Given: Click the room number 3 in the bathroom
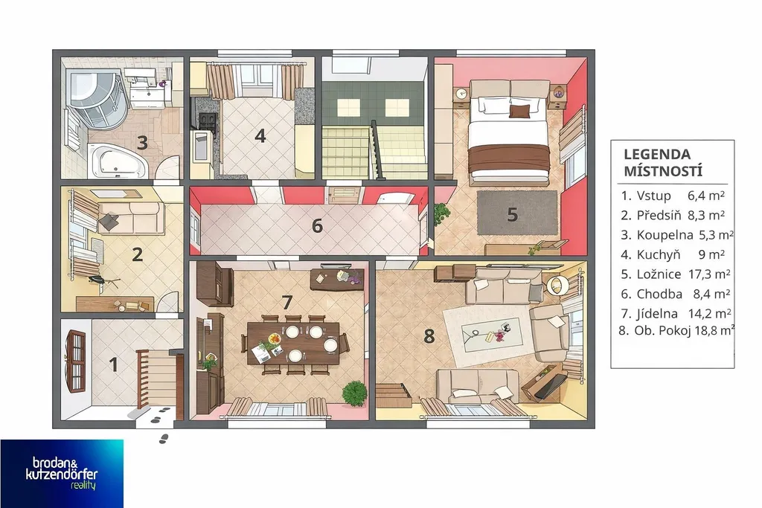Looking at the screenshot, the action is (142, 143).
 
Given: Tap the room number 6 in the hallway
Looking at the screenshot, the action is (317, 226).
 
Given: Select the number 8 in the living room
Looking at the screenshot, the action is (429, 335).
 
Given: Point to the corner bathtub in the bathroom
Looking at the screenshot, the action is (118, 160).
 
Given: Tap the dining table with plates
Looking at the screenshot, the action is (293, 343).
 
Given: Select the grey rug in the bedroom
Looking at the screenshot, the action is (517, 212).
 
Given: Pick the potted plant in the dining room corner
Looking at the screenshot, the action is (354, 392).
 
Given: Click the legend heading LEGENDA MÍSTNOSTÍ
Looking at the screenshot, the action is (656, 163).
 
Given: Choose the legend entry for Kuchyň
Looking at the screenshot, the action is (673, 254).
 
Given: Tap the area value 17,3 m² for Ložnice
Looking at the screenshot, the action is (709, 274).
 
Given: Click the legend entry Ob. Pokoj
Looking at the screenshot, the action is (676, 331).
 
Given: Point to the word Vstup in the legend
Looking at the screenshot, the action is (653, 196).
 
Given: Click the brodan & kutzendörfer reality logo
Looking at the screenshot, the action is (62, 474).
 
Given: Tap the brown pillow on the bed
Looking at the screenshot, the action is (519, 112).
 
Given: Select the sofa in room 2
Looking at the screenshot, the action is (131, 218).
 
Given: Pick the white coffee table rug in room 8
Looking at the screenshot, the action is (491, 336).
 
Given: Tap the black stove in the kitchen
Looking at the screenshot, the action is (206, 121).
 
